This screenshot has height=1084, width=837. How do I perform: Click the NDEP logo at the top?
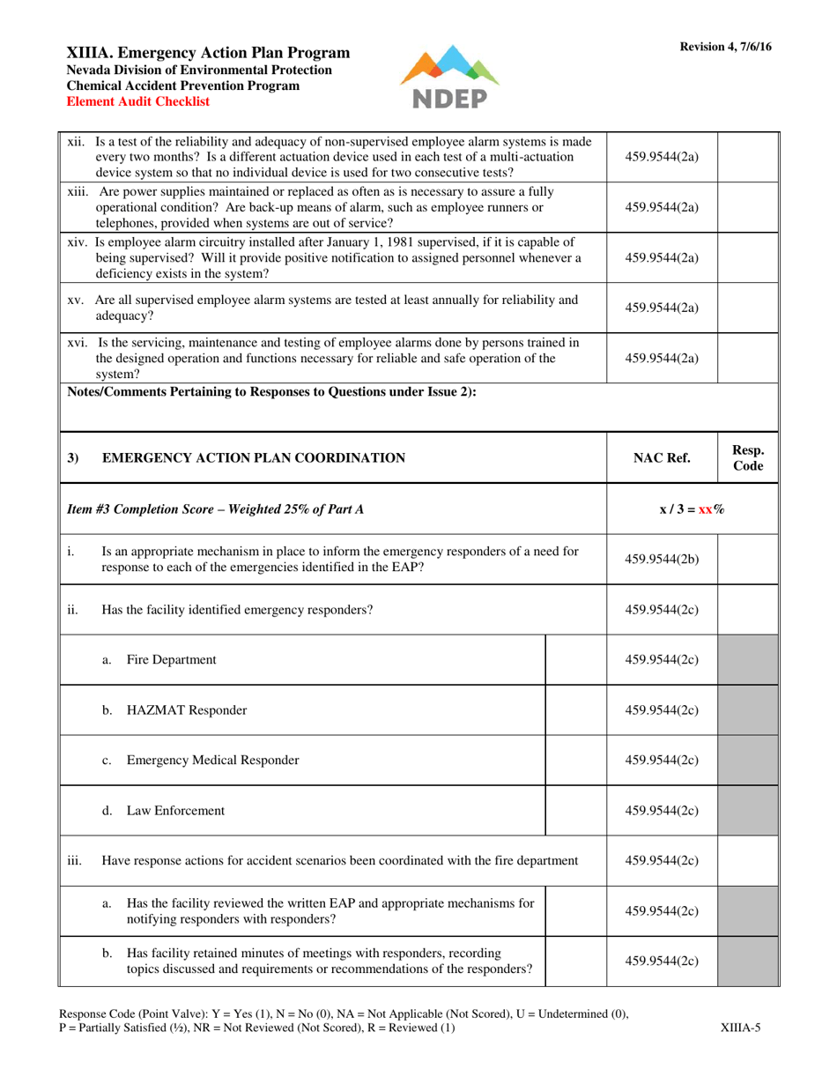(449, 77)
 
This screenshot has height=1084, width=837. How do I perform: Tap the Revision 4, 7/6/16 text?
(725, 48)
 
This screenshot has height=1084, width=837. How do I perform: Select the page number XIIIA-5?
(740, 1027)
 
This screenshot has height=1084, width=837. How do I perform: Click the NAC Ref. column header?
(662, 457)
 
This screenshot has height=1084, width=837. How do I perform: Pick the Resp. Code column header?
(748, 457)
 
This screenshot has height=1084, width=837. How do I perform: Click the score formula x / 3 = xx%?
(692, 509)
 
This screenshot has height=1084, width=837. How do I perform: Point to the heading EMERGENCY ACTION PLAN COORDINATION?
(254, 457)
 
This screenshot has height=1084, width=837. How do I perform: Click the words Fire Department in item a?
(172, 659)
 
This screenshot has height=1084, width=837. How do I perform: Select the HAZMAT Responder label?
(187, 710)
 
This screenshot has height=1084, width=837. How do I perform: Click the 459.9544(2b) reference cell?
(662, 559)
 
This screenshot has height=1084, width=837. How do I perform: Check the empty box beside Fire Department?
(576, 659)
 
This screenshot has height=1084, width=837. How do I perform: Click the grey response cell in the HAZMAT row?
(748, 710)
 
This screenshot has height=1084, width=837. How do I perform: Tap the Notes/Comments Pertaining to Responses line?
(272, 393)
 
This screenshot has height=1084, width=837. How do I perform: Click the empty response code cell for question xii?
(748, 157)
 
